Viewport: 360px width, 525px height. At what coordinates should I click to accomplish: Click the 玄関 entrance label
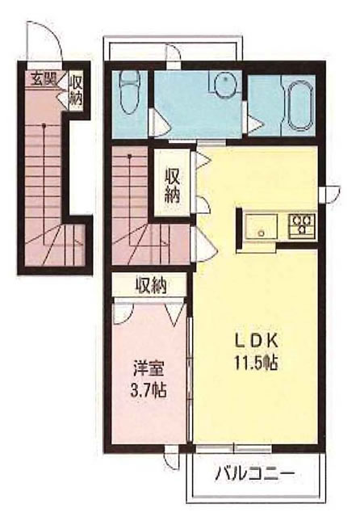pos(44,80)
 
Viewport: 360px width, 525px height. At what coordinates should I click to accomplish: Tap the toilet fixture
pos(129,93)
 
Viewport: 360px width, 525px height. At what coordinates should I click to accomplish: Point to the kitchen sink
pos(262,226)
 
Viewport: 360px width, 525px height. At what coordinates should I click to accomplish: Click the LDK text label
pos(256,342)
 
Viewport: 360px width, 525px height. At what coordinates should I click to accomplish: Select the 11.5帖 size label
pos(256,362)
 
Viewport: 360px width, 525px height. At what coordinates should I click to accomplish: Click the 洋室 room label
pos(149,368)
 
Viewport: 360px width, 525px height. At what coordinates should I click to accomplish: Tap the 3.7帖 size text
pos(149,389)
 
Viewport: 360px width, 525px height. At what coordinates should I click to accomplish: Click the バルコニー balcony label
pos(255,473)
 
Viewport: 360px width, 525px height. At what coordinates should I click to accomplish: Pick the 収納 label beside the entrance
pos(76,90)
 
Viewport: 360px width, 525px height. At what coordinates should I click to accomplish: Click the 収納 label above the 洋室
pos(151,286)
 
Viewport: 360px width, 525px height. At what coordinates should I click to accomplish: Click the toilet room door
pos(159,123)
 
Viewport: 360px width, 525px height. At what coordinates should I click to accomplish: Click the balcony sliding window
pos(233,448)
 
